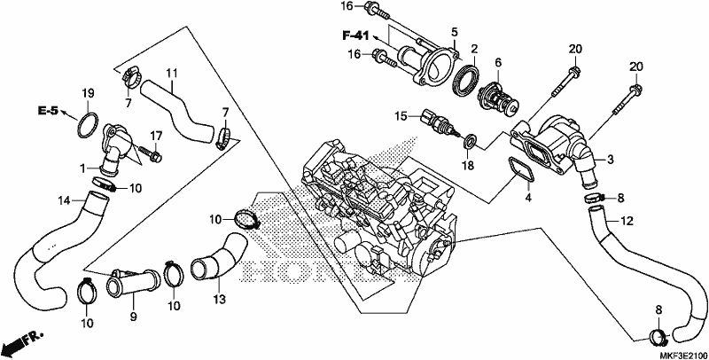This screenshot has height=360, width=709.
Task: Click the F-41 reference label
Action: pyautogui.click(x=355, y=35)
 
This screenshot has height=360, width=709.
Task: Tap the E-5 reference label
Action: pyautogui.click(x=48, y=110)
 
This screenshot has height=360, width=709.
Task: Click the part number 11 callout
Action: pyautogui.click(x=172, y=73)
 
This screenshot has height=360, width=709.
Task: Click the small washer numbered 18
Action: pyautogui.click(x=470, y=140)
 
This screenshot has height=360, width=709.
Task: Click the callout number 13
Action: pyautogui.click(x=219, y=299)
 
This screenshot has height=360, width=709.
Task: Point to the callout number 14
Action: pyautogui.click(x=65, y=200)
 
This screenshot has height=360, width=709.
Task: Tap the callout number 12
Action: pyautogui.click(x=627, y=221)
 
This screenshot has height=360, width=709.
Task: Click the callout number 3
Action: pyautogui.click(x=610, y=160)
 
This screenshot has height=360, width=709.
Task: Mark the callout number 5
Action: pyautogui.click(x=454, y=32)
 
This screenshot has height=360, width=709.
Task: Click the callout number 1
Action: pyautogui.click(x=83, y=168)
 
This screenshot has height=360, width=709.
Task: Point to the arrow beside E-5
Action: pyautogui.click(x=65, y=113)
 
